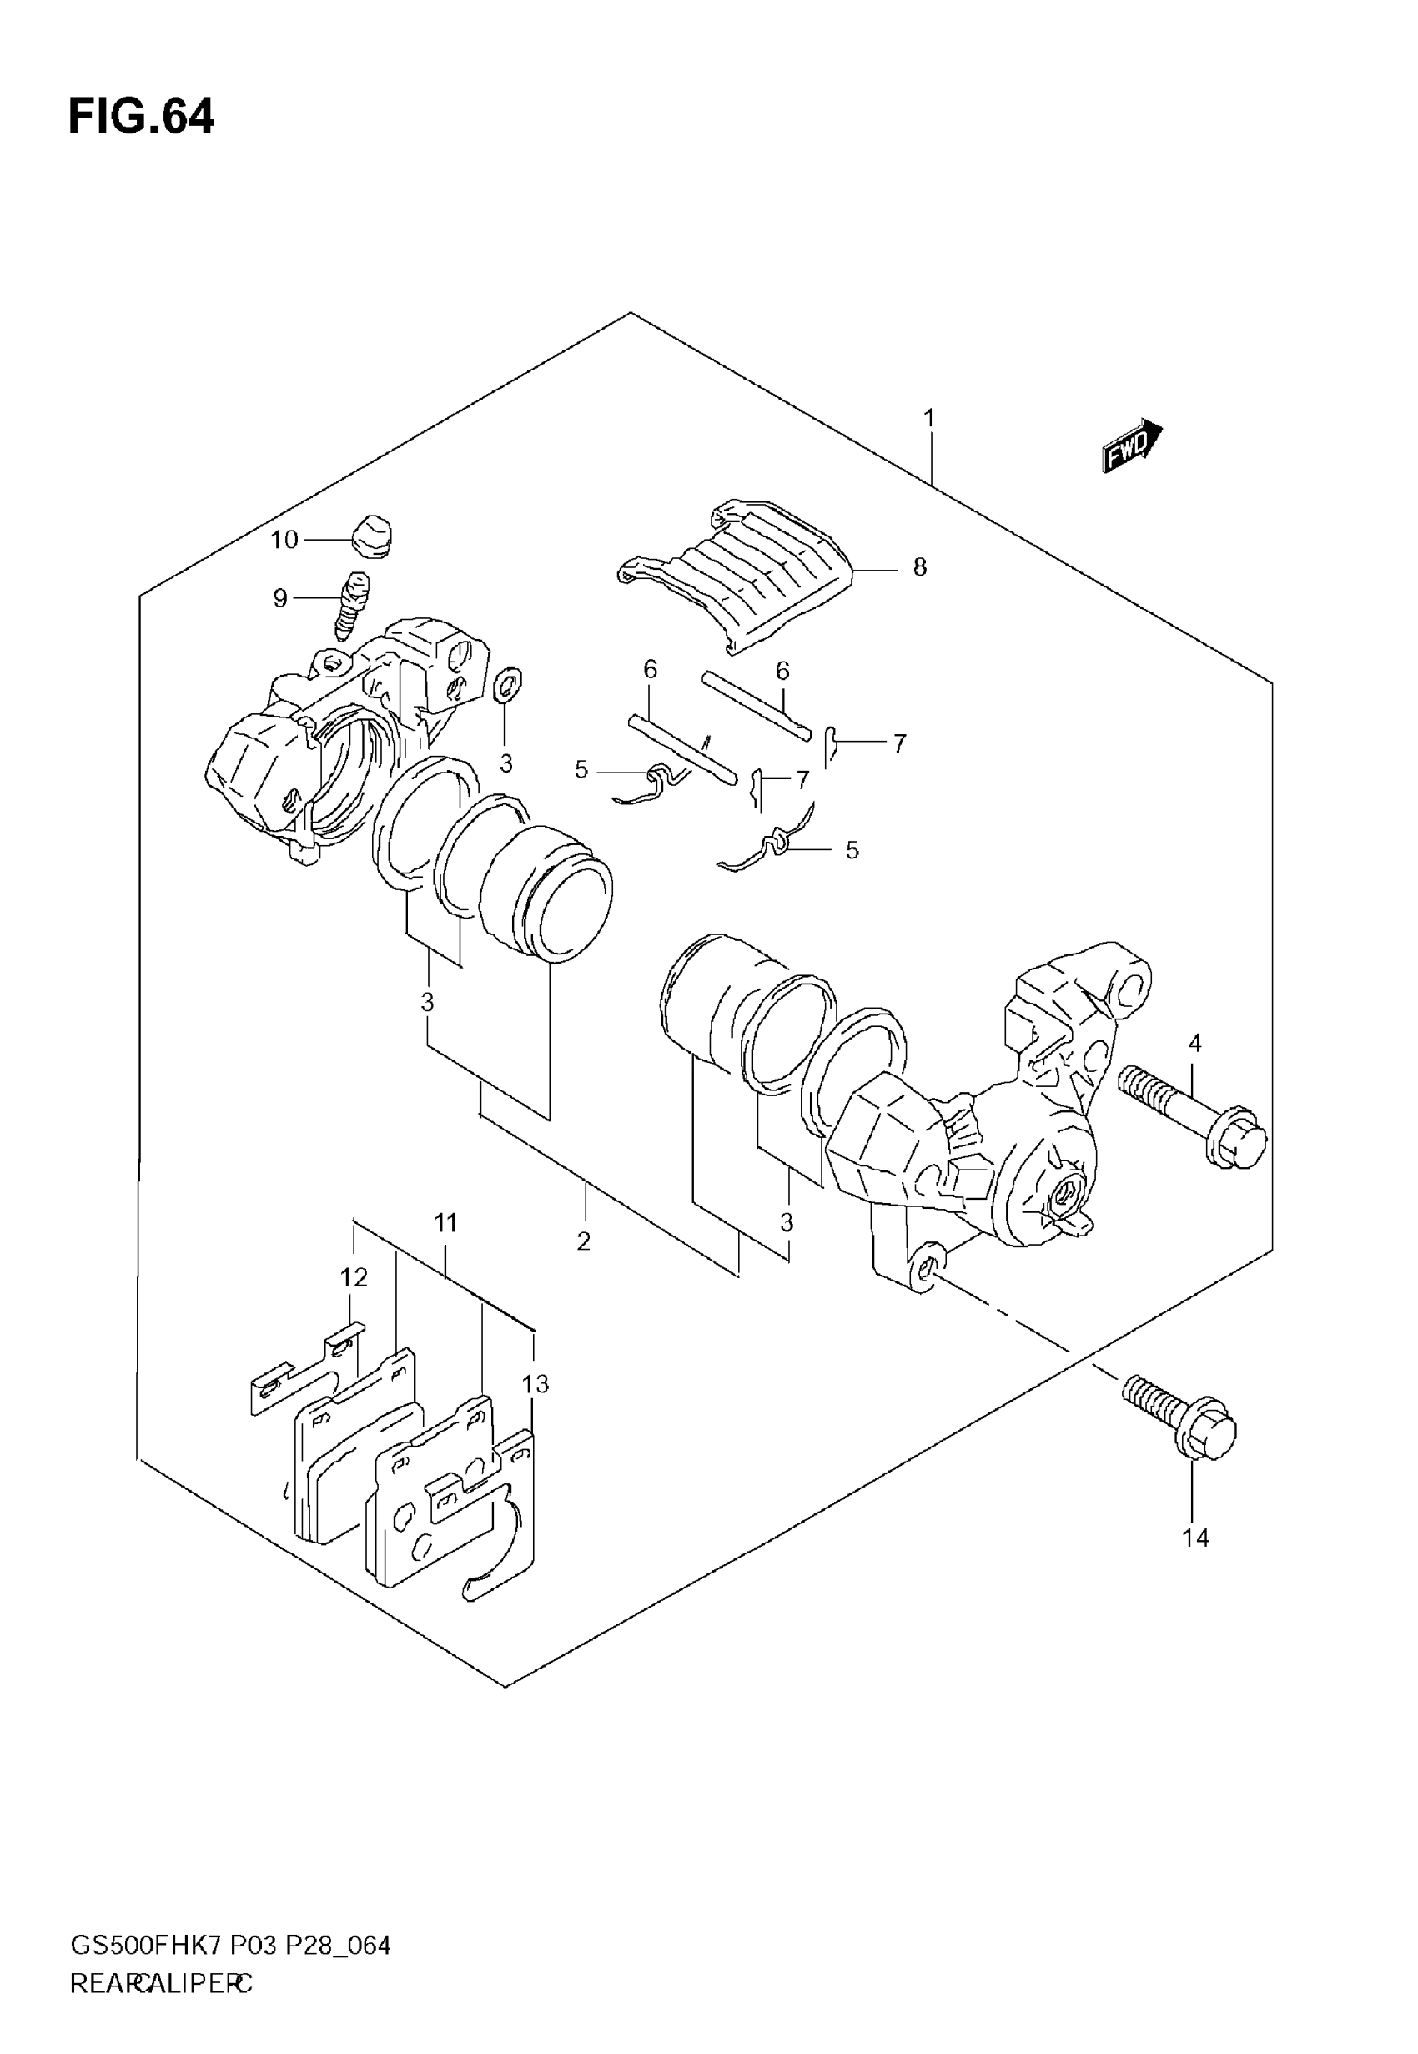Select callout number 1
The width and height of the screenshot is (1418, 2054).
click(x=929, y=417)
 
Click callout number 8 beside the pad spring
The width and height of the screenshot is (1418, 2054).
click(x=919, y=566)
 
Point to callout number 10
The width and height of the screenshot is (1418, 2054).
click(x=284, y=539)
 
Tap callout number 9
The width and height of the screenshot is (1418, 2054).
click(x=280, y=598)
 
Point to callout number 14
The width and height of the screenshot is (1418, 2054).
click(x=1196, y=1538)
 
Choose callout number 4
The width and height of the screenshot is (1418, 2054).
click(x=1195, y=1044)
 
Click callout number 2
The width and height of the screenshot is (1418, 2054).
click(x=584, y=1241)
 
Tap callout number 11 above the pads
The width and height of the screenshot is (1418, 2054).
click(x=445, y=1223)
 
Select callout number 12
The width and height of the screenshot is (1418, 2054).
click(x=354, y=1277)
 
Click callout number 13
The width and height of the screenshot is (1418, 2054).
click(x=536, y=1384)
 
